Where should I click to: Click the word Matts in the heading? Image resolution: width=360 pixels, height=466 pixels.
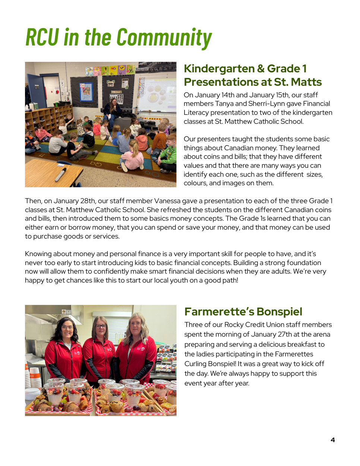click(x=306, y=82)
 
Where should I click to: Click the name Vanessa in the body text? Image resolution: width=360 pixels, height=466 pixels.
click(x=167, y=201)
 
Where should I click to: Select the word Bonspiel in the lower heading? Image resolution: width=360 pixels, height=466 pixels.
click(x=279, y=312)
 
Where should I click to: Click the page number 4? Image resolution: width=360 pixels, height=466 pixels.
click(x=332, y=440)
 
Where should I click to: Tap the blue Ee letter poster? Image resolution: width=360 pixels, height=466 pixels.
click(x=86, y=92)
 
